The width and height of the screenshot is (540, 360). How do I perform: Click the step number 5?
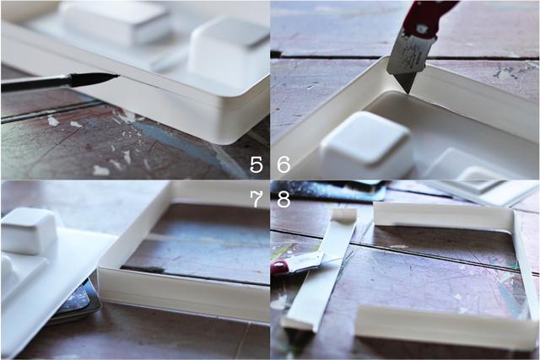pyautogui.click(x=256, y=164)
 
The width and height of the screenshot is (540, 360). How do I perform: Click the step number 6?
pyautogui.click(x=283, y=164)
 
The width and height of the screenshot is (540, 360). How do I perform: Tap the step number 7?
pyautogui.click(x=256, y=200)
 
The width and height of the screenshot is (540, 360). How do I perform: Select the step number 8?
pyautogui.click(x=283, y=200)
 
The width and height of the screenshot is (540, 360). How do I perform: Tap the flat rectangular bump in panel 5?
pyautogui.click(x=116, y=23)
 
